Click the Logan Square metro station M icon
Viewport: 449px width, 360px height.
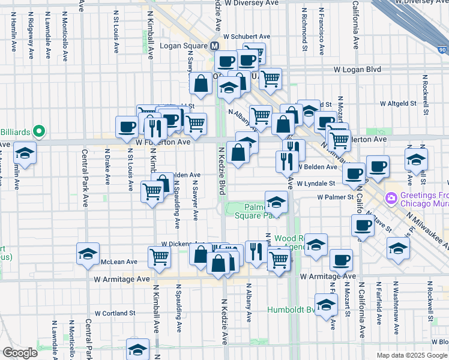coord(214,47)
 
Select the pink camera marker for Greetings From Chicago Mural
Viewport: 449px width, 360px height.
coord(391,197)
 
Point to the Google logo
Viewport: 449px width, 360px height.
coord(20,352)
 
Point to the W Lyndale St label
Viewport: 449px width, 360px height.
coord(315,184)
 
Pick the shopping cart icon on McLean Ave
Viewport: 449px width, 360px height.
coord(160,257)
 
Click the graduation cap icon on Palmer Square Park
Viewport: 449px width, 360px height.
coord(276,201)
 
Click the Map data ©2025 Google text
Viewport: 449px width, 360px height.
coord(411,355)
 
